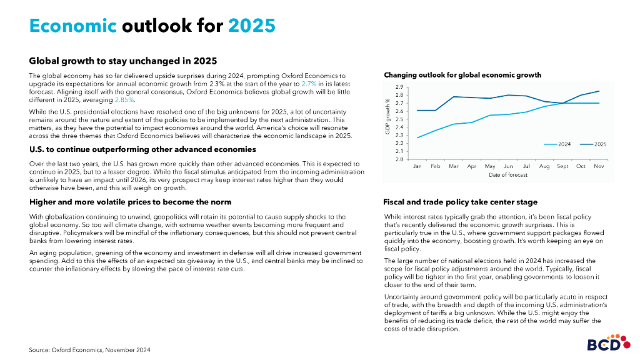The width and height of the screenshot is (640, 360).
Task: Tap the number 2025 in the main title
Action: coord(252,26)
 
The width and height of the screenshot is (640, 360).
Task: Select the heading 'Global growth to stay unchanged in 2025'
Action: coord(123,61)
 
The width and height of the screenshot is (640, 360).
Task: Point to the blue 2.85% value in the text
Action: coord(125,99)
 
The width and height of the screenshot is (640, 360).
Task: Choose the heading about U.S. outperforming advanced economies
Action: coord(142,149)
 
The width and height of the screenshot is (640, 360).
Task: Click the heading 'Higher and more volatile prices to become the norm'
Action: coord(130,202)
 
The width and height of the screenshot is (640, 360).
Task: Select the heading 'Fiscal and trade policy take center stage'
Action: coord(460,202)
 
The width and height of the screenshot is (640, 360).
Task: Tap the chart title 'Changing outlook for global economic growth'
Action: coord(462,75)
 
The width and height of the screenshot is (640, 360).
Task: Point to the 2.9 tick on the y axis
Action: coord(399,87)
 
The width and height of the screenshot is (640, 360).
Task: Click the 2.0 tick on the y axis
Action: coord(399,159)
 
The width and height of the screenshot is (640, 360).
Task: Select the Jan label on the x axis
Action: coord(417,167)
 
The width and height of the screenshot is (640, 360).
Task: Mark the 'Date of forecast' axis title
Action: coord(508,175)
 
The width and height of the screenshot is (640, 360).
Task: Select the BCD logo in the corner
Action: coord(604,344)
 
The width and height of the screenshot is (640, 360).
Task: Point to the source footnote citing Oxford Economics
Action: coord(89,349)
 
